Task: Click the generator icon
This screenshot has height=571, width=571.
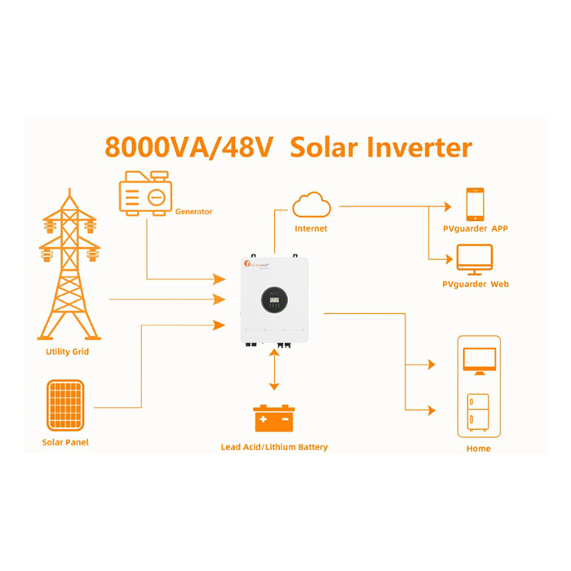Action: (145, 194)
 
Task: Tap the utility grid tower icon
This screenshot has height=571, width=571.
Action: (69, 269)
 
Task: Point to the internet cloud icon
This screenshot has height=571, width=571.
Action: (311, 204)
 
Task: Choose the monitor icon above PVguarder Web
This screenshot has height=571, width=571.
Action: (475, 259)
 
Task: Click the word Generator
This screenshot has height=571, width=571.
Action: (193, 211)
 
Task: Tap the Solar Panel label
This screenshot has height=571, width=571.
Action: (65, 442)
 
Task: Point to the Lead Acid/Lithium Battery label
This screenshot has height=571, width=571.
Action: (274, 447)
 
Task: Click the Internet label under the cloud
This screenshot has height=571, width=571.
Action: (311, 229)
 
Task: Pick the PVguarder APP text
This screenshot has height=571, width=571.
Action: (475, 228)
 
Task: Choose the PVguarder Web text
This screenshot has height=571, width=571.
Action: (475, 284)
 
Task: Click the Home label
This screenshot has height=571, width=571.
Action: (479, 448)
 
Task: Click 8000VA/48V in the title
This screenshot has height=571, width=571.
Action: (191, 148)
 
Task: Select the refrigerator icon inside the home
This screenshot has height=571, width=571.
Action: (479, 411)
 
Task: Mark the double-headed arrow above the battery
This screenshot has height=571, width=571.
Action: (274, 374)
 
